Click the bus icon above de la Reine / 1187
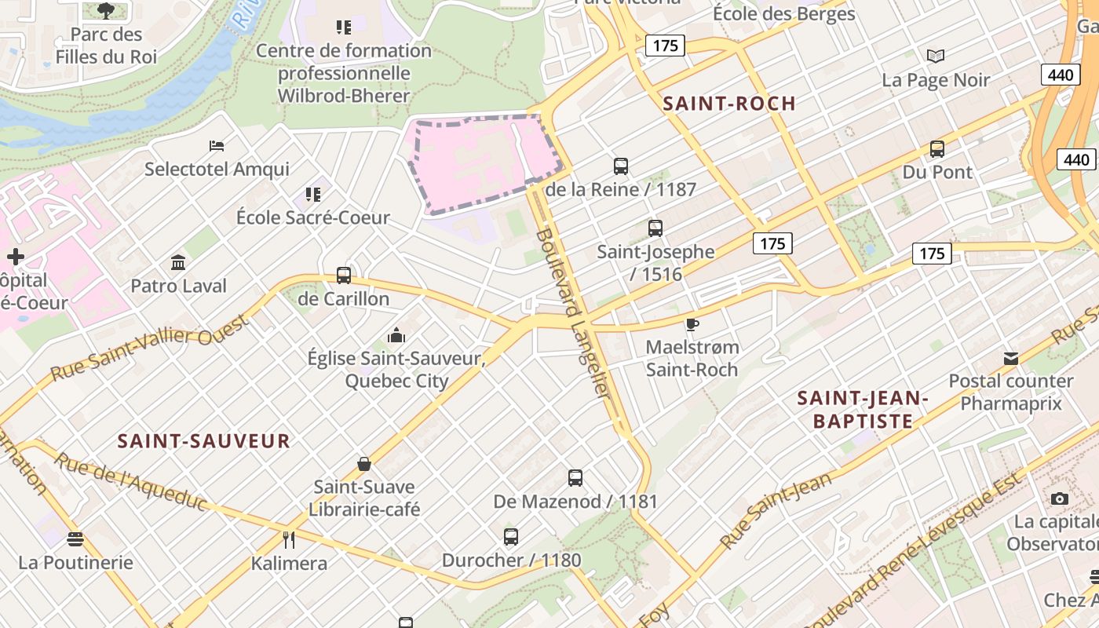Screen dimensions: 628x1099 coord(621,166)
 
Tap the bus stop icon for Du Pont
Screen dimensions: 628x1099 coord(937,148)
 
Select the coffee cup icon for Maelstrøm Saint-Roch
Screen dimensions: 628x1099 coord(692,324)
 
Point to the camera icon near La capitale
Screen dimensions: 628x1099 coord(1059,498)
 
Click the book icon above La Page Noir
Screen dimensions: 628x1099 coord(935,56)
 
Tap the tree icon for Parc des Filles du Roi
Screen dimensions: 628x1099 coord(106,11)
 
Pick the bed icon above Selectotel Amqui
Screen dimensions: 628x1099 coord(217,145)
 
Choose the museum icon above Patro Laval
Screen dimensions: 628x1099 coord(178,262)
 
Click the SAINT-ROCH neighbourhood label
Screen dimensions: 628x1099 coord(729,103)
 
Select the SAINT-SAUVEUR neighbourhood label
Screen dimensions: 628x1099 coord(204,440)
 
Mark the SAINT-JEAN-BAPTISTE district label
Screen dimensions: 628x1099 coord(863,410)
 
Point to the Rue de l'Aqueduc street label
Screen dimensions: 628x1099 coord(130,480)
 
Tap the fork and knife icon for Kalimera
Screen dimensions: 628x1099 coord(289,539)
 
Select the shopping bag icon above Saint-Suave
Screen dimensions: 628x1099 coord(363,463)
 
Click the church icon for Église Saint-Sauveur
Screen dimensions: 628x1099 coord(396,335)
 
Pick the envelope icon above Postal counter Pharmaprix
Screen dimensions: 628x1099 coord(1010,359)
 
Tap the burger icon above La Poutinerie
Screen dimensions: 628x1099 coord(75,539)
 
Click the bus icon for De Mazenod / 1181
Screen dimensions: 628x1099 coord(575,477)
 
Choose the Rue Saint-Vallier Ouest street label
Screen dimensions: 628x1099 coord(149,347)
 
